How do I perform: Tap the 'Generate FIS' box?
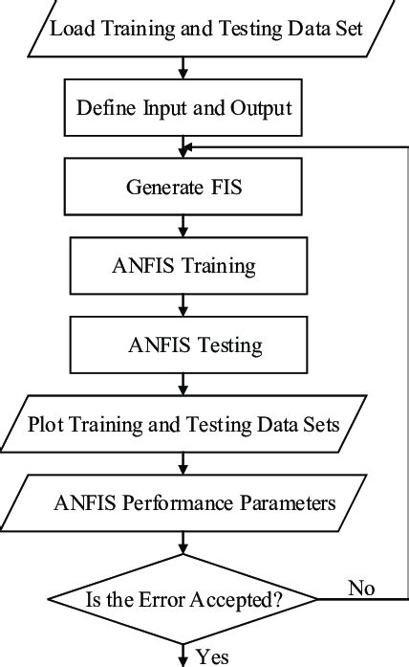pos(183,187)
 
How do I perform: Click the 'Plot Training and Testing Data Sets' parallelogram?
pos(183,422)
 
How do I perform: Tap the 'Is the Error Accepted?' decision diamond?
pos(183,601)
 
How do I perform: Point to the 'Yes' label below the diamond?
pos(212,656)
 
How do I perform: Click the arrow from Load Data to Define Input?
pos(183,68)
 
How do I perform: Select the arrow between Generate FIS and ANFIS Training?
pos(183,227)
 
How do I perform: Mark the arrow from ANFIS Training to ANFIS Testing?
pos(183,304)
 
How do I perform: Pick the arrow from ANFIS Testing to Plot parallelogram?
pos(183,385)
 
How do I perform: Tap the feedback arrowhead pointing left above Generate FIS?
pos(189,147)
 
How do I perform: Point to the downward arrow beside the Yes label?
pos(183,654)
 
